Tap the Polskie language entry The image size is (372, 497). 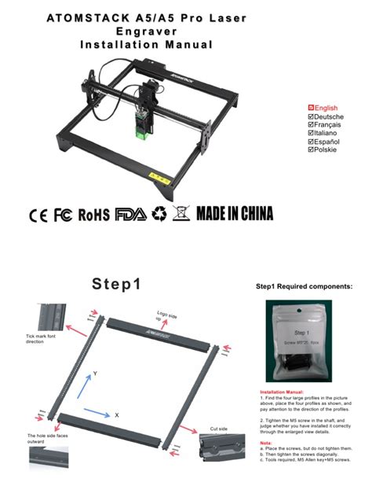(x=323, y=149)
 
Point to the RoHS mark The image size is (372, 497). (x=94, y=215)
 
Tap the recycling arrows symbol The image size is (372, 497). (x=159, y=214)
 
